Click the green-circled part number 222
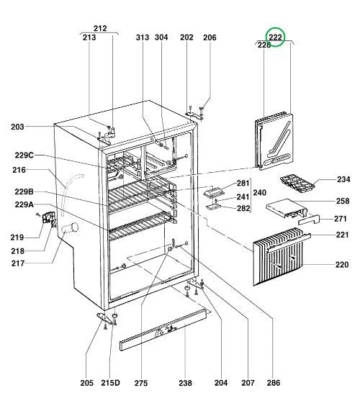275,37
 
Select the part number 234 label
343,179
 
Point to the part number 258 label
343,201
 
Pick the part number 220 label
342,265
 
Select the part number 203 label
18,127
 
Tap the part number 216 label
18,170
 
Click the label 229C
23,155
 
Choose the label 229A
23,204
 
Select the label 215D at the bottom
110,382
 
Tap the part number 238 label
166,382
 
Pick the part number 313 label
141,37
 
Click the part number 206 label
210,37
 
